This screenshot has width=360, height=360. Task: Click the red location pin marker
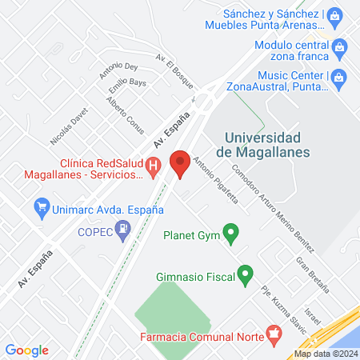tap(181, 164)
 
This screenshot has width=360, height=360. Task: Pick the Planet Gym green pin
tap(231, 235)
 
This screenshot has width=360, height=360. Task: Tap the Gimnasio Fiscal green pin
tap(246, 275)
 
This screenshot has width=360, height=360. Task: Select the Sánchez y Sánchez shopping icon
tap(337, 14)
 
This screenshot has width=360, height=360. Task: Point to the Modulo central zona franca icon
tap(340, 47)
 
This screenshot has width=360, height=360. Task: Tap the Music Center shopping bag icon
tap(339, 78)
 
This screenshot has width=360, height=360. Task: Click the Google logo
tap(27, 350)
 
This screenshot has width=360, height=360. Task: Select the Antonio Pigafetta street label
tap(217, 183)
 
